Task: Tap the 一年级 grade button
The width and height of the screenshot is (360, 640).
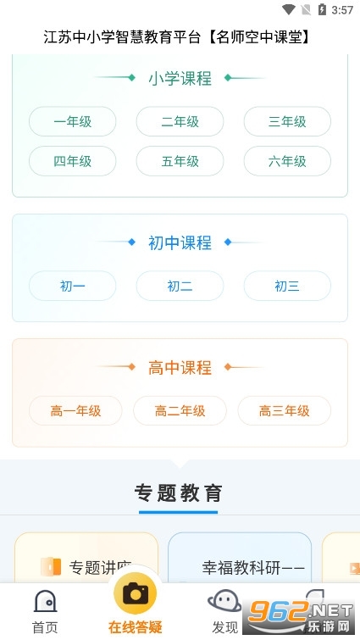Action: (x=73, y=121)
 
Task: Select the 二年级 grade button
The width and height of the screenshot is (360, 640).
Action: (x=180, y=121)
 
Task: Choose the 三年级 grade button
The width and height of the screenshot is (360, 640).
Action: (x=287, y=121)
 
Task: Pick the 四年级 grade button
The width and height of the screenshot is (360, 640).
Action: (x=73, y=161)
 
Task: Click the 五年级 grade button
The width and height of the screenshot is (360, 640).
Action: (x=180, y=161)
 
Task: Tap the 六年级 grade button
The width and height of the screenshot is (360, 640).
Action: (x=287, y=161)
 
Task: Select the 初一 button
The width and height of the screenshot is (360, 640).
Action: (x=73, y=286)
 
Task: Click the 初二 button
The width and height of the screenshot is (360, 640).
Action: (x=180, y=286)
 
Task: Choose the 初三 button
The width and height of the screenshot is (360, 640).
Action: (x=287, y=286)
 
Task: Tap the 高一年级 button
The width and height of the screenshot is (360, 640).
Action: (x=75, y=410)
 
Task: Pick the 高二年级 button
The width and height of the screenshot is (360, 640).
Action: (x=180, y=410)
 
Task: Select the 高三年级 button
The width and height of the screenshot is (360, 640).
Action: (x=284, y=410)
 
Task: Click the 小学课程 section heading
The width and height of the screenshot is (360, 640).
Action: (x=180, y=78)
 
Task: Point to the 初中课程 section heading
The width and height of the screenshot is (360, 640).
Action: (x=180, y=242)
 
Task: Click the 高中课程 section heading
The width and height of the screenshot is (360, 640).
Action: (x=180, y=367)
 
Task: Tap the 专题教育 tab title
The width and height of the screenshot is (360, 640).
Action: (x=179, y=493)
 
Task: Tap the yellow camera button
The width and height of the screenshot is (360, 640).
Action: (x=135, y=593)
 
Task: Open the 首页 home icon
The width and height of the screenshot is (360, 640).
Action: (x=45, y=601)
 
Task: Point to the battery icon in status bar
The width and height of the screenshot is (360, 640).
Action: (x=322, y=9)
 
